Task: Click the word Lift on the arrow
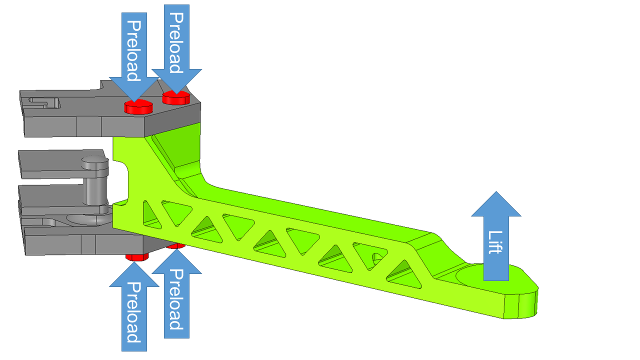tap(495, 242)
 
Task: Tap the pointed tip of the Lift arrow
tap(496, 192)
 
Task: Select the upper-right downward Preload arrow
tap(176, 45)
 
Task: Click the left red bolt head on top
tap(138, 106)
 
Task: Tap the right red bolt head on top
tap(176, 98)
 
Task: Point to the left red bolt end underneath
tap(137, 257)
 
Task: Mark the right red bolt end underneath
tap(175, 245)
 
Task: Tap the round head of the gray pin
tap(95, 162)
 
